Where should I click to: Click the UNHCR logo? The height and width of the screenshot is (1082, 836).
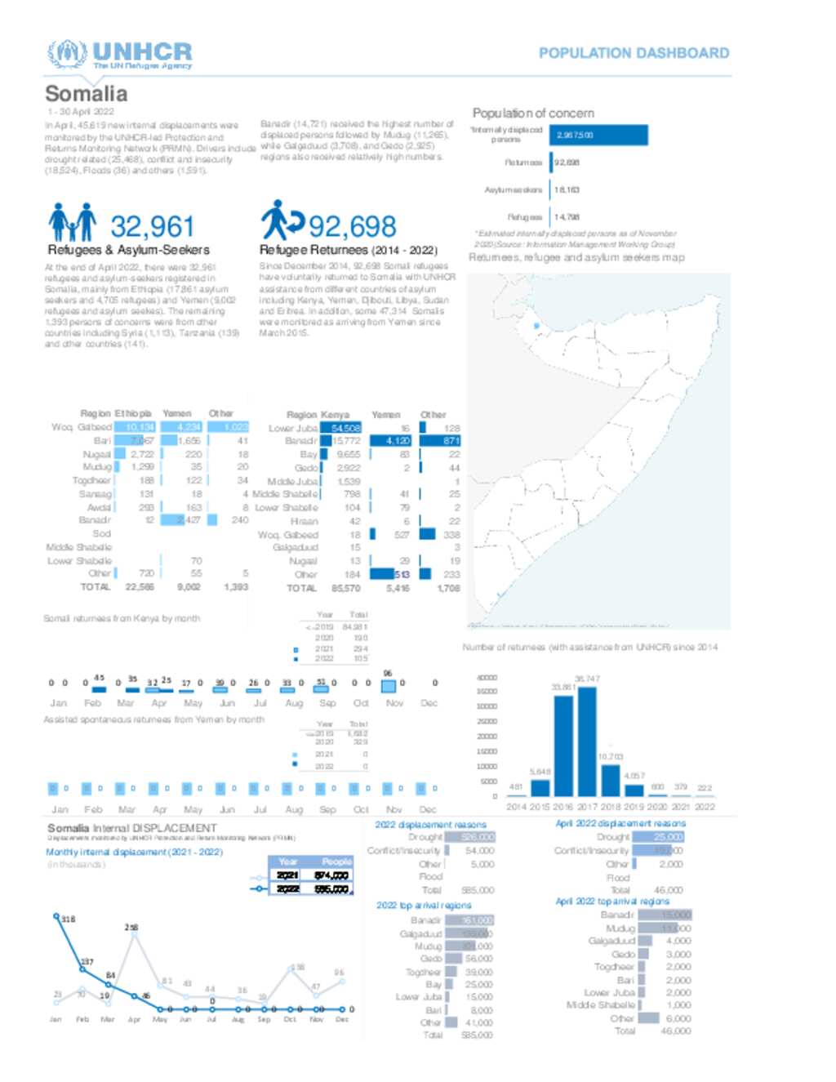tap(119, 55)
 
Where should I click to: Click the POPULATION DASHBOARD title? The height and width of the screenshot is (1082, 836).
tap(634, 53)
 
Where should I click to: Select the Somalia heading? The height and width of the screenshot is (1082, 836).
tap(86, 94)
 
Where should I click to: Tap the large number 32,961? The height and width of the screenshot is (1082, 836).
tap(152, 226)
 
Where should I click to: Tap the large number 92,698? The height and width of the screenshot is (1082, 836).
tap(352, 226)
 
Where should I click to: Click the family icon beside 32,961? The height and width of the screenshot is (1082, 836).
tap(72, 222)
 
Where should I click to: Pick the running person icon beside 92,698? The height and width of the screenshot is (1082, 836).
tap(282, 220)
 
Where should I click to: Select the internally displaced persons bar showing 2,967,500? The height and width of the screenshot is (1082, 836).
tap(599, 136)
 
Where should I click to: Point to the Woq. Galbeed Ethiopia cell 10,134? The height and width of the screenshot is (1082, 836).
tap(135, 427)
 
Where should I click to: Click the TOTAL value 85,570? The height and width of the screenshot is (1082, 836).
tap(346, 588)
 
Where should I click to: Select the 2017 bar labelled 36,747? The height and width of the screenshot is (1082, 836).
tap(587, 741)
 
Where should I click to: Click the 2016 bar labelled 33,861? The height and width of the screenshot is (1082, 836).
tap(563, 746)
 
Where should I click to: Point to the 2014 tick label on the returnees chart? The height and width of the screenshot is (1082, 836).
tap(516, 807)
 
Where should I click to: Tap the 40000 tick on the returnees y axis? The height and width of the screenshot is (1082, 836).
tap(487, 678)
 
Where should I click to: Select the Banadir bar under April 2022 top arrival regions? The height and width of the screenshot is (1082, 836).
tap(665, 915)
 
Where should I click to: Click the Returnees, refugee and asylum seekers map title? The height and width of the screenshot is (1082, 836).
tap(576, 257)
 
